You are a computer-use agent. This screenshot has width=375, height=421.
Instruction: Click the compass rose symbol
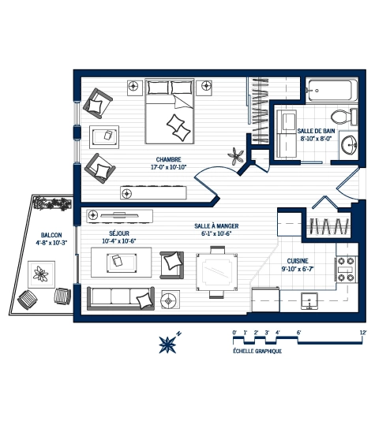[x=168, y=342]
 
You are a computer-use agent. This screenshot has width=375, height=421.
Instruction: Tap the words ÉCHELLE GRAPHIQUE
[x=257, y=352]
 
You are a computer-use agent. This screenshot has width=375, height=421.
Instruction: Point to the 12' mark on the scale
[x=362, y=333]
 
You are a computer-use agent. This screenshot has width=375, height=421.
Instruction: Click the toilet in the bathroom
[x=339, y=116]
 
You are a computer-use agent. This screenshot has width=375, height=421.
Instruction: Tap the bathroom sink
[x=350, y=145]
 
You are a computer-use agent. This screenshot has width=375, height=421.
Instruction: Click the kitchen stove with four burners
[x=347, y=270]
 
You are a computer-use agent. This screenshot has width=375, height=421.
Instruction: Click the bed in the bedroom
[x=170, y=115]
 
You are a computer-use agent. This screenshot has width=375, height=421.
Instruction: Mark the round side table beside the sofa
[x=171, y=300]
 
